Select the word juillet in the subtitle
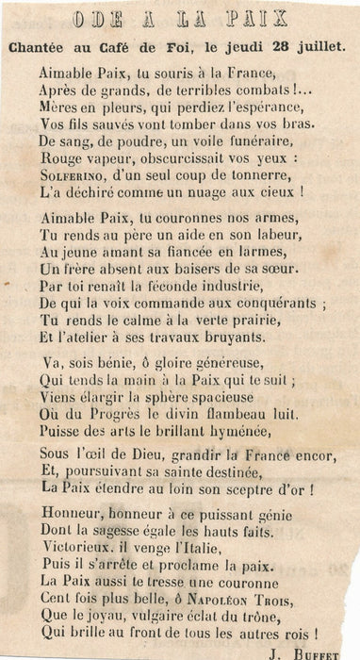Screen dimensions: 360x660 (321, 46)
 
